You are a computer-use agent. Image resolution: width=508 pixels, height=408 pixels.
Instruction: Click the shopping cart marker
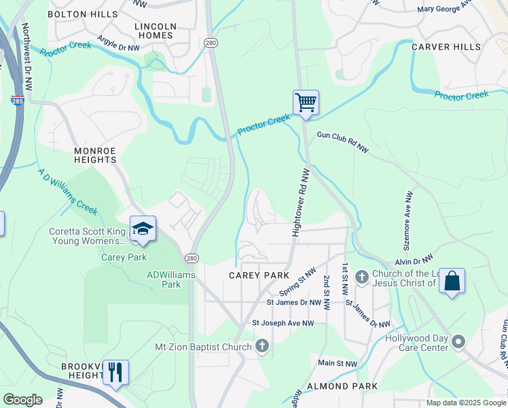point(306,103)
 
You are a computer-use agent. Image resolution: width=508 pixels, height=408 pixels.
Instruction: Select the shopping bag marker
point(452,281)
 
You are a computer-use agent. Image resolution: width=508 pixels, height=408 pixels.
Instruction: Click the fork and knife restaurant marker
point(115,373)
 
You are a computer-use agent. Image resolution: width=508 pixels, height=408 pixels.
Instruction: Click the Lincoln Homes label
point(156,31)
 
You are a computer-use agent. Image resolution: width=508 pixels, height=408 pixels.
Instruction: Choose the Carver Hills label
point(446,47)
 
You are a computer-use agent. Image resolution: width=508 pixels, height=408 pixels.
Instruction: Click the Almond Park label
point(332,386)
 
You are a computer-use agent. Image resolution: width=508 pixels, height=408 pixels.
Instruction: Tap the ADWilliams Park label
point(171,279)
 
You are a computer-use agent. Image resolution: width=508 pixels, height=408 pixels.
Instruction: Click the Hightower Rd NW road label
point(299,203)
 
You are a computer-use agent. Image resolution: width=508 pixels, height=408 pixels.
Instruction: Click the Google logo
point(22,400)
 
